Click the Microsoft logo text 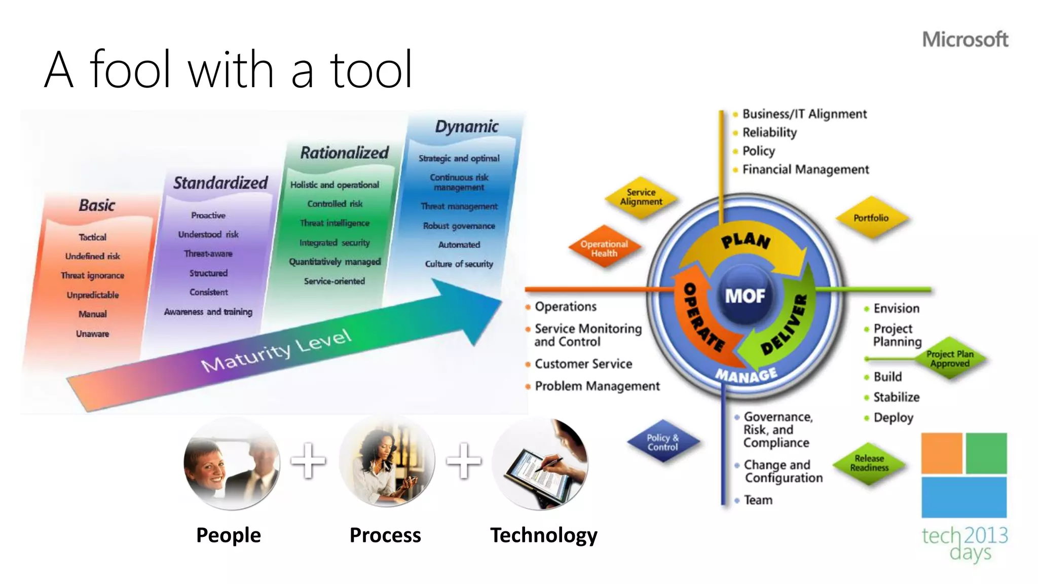click(965, 40)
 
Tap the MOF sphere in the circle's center click(745, 296)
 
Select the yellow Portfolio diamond click(871, 218)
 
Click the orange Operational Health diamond click(604, 248)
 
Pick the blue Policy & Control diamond click(662, 442)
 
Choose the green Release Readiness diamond click(869, 463)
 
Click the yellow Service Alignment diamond click(641, 197)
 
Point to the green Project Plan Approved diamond click(949, 358)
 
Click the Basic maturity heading click(97, 205)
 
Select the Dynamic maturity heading click(467, 126)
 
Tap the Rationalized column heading click(344, 153)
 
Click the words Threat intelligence click(335, 223)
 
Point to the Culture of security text click(459, 264)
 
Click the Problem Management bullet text click(597, 386)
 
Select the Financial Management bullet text click(805, 169)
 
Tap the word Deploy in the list click(893, 418)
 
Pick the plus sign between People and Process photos click(308, 461)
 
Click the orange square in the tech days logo click(941, 453)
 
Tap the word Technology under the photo click(543, 535)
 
